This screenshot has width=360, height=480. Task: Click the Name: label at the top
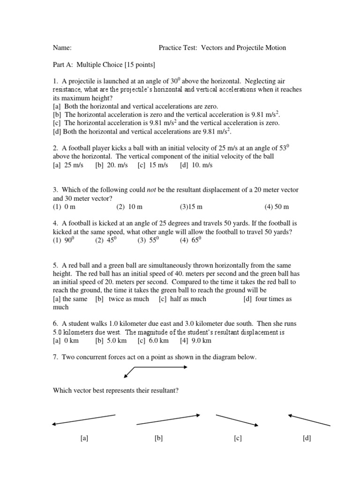click(x=62, y=48)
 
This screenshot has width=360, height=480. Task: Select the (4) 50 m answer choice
click(x=277, y=206)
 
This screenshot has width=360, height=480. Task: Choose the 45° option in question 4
click(x=105, y=240)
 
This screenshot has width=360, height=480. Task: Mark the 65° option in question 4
click(x=190, y=240)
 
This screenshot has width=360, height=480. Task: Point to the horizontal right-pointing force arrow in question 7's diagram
click(x=162, y=367)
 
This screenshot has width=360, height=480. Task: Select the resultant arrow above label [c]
click(x=237, y=420)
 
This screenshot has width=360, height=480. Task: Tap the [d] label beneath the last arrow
click(x=307, y=438)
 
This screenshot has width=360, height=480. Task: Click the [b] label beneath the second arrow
click(x=158, y=438)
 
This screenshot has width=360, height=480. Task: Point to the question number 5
click(x=55, y=265)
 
